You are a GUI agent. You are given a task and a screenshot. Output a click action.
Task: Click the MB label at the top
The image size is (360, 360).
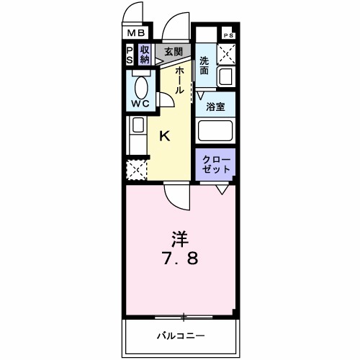click(137, 33)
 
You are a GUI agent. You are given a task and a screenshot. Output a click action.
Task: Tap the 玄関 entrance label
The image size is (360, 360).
click(172, 52)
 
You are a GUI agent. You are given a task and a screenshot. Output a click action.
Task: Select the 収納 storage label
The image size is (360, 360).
click(145, 54)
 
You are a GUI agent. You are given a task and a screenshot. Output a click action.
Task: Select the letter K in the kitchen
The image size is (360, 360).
click(164, 135)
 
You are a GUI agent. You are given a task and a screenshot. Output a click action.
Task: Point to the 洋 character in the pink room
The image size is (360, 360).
click(180, 237)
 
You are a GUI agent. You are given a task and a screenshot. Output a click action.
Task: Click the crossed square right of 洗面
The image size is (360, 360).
click(228, 53)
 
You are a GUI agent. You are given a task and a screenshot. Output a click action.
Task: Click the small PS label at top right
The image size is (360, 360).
click(228, 35)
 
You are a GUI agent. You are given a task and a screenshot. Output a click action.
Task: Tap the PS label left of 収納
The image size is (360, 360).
click(130, 54)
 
